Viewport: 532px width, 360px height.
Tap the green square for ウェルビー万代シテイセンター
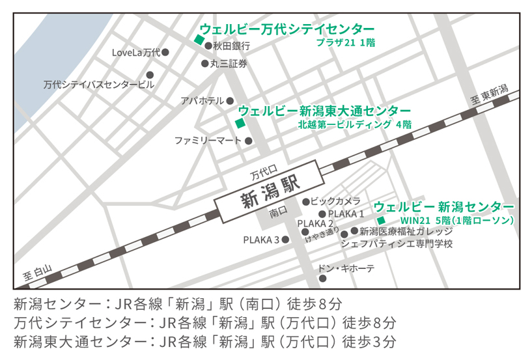199,40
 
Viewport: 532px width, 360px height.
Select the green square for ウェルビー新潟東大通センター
240,123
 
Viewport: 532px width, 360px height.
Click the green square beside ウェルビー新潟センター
382,221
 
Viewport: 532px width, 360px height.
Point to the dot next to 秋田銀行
208,46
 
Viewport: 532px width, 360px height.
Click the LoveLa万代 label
135,52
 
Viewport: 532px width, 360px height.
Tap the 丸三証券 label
229,64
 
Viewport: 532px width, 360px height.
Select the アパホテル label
202,101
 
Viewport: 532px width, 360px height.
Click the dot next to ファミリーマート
248,141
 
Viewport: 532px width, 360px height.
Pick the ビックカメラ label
335,201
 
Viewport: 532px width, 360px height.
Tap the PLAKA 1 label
346,214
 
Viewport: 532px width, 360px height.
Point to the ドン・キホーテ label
346,268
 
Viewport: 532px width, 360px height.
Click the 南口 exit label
277,213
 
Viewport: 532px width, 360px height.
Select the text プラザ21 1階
345,43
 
